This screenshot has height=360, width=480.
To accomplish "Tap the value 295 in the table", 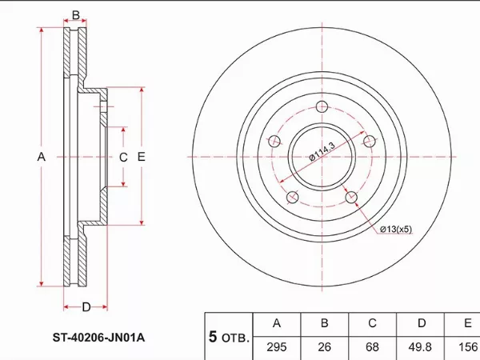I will click(277, 346).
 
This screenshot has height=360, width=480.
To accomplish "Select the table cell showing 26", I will click(325, 346).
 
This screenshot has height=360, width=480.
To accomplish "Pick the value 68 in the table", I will click(372, 346).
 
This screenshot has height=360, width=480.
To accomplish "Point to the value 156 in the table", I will click(466, 346).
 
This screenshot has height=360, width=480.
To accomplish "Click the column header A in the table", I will click(277, 323).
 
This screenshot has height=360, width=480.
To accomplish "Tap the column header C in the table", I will click(372, 323).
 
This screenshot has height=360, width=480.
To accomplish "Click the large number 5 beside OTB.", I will click(214, 337).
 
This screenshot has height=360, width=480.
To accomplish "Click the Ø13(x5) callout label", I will click(395, 230).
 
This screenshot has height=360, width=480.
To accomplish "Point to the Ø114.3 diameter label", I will click(321, 151).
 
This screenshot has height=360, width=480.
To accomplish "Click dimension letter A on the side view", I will click(42, 158).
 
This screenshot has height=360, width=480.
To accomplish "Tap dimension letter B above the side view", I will click(75, 15).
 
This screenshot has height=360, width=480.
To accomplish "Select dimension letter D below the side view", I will click(85, 306).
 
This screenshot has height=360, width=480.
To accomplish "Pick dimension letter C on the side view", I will click(123, 158).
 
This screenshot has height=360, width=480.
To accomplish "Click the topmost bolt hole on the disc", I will click(322, 108).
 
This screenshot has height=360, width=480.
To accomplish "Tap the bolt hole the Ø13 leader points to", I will click(350, 195).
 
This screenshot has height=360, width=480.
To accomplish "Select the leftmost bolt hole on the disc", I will click(275, 142).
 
